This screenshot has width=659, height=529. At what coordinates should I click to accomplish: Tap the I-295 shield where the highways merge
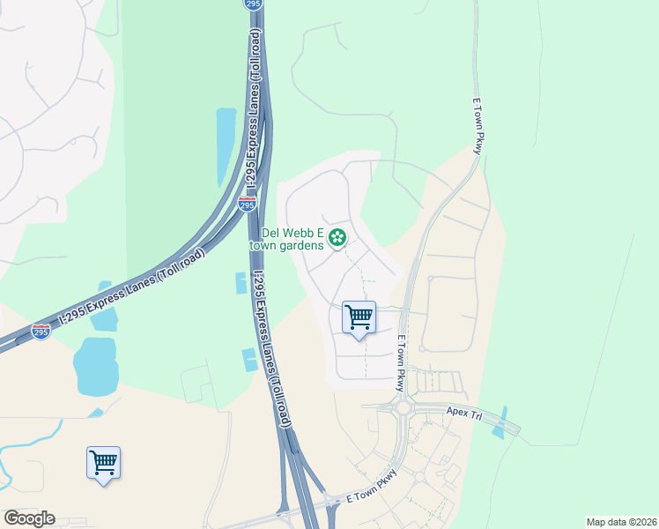[x=248, y=204]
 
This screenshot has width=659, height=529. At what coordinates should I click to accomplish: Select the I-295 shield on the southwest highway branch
[x=41, y=331]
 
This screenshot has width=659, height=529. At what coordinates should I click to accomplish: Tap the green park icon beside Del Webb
[x=337, y=237]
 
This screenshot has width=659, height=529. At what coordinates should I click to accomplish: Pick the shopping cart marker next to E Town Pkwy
[x=359, y=317]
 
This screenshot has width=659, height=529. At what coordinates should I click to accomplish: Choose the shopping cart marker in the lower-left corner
[x=103, y=463]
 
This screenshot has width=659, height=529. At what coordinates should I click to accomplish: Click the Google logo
[x=29, y=518]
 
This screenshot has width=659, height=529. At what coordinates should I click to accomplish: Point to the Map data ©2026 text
[x=622, y=522]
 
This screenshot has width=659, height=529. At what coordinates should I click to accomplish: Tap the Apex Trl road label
[x=466, y=413]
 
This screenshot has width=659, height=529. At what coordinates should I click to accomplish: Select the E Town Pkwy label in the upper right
[x=477, y=127]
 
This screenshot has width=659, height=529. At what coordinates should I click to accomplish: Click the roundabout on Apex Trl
[x=404, y=408]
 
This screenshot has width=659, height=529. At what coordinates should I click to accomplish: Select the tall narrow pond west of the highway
[x=226, y=146]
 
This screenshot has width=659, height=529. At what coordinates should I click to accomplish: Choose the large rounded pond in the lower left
[x=95, y=366]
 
